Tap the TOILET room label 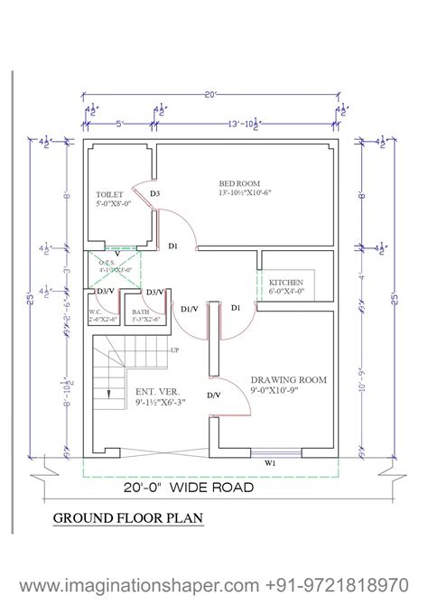pyautogui.click(x=109, y=194)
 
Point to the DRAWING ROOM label pyautogui.click(x=289, y=380)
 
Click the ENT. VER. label pyautogui.click(x=156, y=391)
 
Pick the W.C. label pyautogui.click(x=96, y=312)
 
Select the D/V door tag pyautogui.click(x=213, y=396)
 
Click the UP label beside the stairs pyautogui.click(x=174, y=349)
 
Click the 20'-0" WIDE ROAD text pyautogui.click(x=189, y=488)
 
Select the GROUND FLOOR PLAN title pyautogui.click(x=127, y=518)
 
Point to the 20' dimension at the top pyautogui.click(x=210, y=92)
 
